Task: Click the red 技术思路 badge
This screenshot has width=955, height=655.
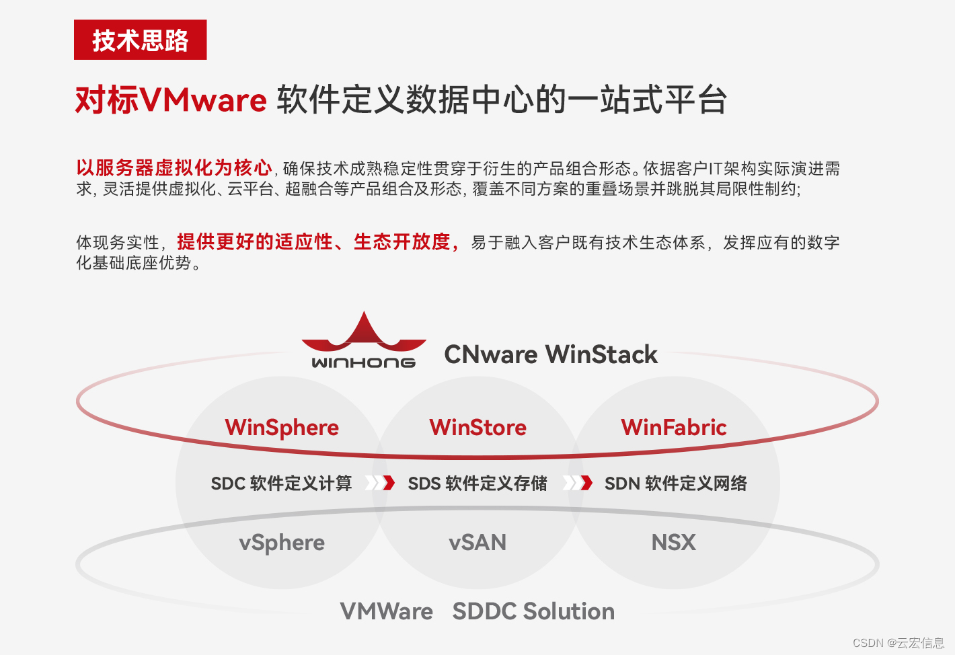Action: click(140, 40)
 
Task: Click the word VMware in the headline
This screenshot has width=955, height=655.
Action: click(204, 101)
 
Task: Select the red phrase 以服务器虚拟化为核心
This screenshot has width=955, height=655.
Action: click(174, 167)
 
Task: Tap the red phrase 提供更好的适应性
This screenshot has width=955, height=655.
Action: click(255, 241)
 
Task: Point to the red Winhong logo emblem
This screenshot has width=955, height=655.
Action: click(364, 334)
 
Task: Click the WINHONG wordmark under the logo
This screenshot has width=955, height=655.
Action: click(363, 362)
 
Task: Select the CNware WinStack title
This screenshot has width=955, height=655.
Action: click(551, 354)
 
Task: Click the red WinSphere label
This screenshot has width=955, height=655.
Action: click(282, 428)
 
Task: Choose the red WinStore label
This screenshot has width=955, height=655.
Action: click(477, 428)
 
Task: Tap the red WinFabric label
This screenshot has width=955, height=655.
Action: click(674, 428)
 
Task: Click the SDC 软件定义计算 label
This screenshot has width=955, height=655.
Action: click(281, 484)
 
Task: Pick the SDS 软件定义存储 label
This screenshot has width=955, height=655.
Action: click(477, 484)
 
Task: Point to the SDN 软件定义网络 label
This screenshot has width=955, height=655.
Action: click(675, 484)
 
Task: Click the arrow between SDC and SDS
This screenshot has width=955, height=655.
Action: click(380, 483)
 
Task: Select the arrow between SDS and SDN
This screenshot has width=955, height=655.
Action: click(578, 483)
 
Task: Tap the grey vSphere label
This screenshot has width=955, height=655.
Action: click(282, 543)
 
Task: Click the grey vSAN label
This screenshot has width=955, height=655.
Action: click(477, 543)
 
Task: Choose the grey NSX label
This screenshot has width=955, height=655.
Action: click(674, 543)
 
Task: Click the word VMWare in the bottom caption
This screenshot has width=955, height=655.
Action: click(387, 611)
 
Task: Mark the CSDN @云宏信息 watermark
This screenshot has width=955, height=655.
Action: click(898, 643)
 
